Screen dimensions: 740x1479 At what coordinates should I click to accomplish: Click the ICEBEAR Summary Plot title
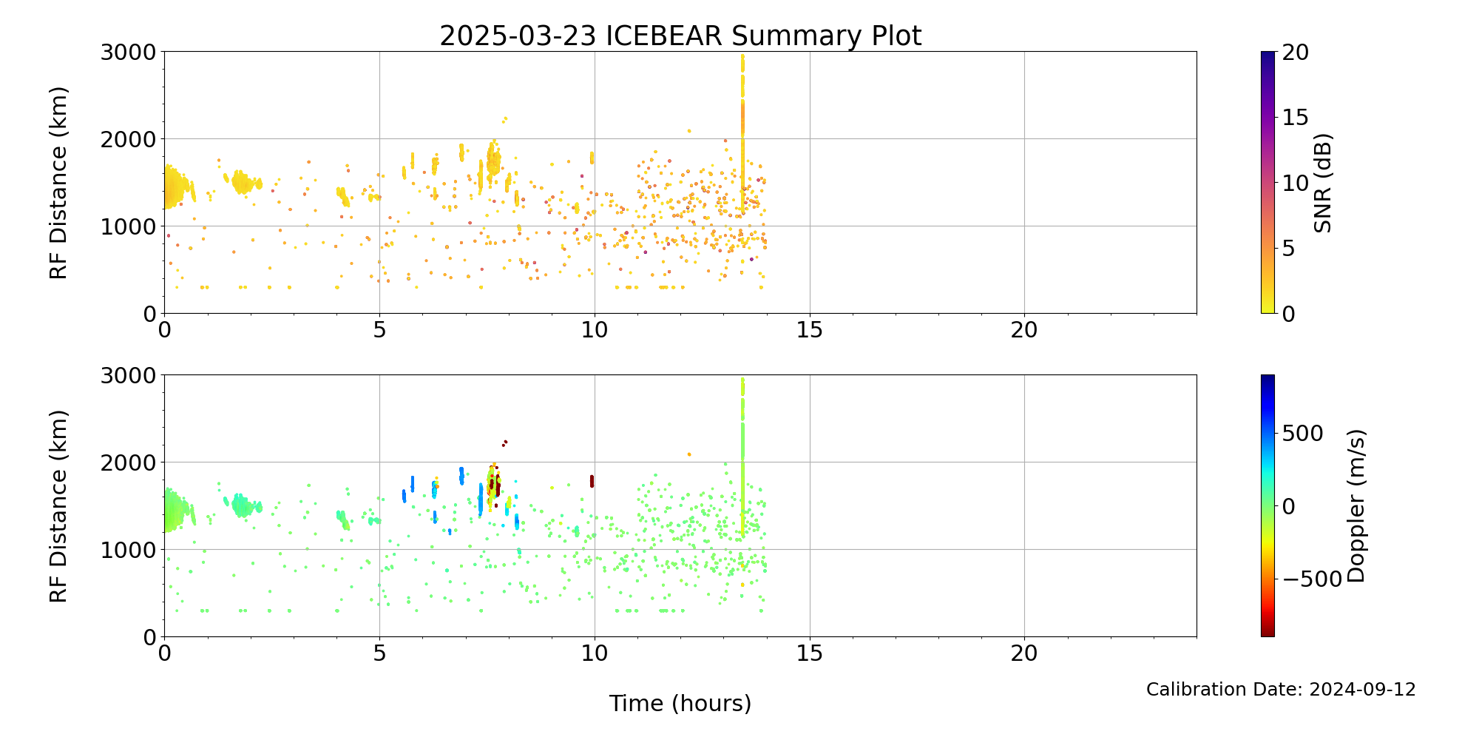(x=680, y=36)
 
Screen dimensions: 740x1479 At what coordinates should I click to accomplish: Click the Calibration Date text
(x=1281, y=690)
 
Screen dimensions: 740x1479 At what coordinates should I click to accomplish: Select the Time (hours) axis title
(x=680, y=703)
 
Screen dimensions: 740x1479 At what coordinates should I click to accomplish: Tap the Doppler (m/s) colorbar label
(x=1356, y=506)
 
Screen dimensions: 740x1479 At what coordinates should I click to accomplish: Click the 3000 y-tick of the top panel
(x=129, y=52)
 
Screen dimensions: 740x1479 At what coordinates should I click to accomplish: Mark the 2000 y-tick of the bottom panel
(x=129, y=462)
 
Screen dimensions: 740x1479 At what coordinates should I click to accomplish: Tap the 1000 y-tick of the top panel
(x=129, y=226)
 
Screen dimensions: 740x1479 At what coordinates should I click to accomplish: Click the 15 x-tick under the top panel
(x=810, y=329)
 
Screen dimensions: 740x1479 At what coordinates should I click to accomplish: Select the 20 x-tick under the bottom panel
(x=1024, y=653)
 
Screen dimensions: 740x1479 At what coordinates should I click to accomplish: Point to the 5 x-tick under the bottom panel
(x=379, y=653)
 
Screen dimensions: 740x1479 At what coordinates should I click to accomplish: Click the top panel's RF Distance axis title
(x=58, y=183)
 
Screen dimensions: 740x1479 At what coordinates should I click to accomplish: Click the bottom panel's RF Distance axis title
(x=58, y=506)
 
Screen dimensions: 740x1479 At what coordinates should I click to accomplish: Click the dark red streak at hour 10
(x=592, y=481)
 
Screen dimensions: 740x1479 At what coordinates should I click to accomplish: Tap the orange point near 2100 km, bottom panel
(x=689, y=454)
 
